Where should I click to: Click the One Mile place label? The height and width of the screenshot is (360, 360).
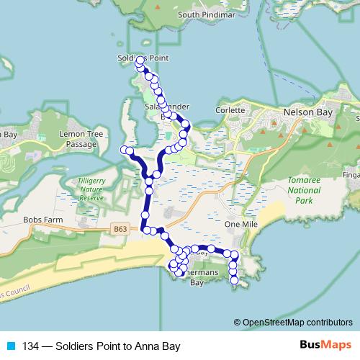pyautogui.click(x=240, y=225)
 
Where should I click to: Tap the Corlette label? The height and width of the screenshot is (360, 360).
pyautogui.click(x=230, y=110)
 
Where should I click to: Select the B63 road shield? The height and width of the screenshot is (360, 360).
pyautogui.click(x=122, y=230)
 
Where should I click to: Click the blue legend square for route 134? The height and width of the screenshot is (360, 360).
pyautogui.click(x=11, y=346)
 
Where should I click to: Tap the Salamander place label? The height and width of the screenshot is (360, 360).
pyautogui.click(x=167, y=106)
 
